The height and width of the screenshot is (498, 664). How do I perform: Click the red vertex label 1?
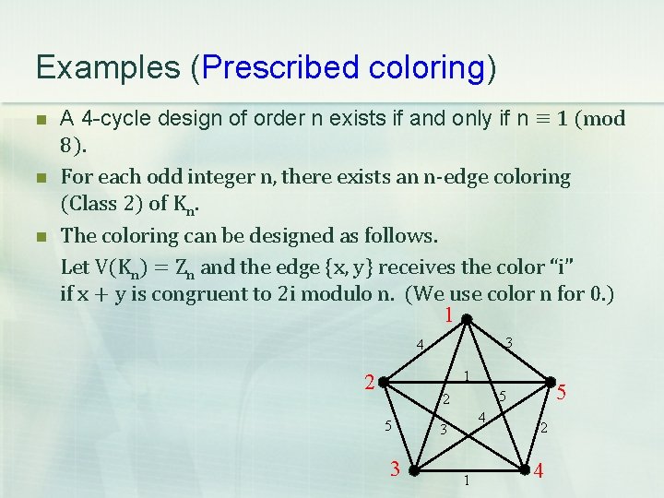click(x=448, y=316)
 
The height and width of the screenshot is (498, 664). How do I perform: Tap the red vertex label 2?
click(x=369, y=383)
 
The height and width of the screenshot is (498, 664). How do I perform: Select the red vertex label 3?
click(x=395, y=469)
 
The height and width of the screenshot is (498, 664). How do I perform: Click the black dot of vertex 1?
click(x=467, y=320)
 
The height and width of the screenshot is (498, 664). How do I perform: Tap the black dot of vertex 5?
click(x=551, y=381)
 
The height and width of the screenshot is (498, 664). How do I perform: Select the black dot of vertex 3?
click(x=415, y=470)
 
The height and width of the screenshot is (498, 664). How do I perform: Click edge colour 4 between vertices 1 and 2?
click(x=419, y=346)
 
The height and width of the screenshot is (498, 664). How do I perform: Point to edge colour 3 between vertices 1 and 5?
click(x=509, y=343)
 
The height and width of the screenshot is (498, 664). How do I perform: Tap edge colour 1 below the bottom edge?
click(x=468, y=480)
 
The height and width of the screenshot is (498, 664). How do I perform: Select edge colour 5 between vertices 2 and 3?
click(x=388, y=426)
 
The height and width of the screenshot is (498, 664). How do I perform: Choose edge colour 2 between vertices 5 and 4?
click(x=544, y=428)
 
